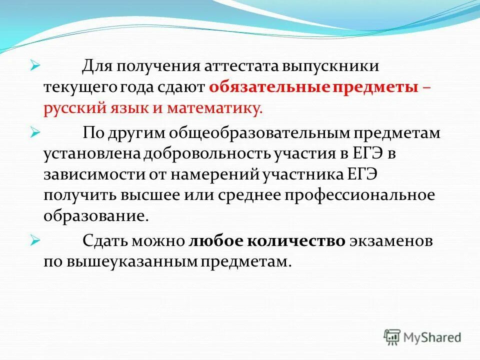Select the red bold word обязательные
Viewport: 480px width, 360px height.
click(x=269, y=88)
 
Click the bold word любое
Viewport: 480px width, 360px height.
click(x=214, y=241)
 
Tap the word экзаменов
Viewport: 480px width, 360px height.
click(x=390, y=241)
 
